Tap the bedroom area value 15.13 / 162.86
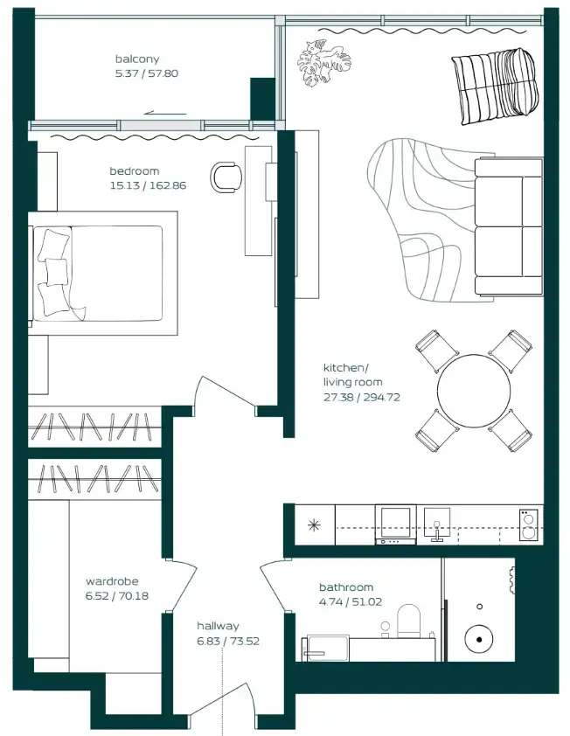pos(148,185)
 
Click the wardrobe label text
pos(112,581)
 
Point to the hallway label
pos(218,626)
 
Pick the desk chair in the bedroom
pos(228,176)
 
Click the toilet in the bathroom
pos(409,621)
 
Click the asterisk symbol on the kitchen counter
pos(312,525)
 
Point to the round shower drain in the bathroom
pos(480,639)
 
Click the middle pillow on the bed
pos(55,272)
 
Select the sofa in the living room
pos(508,226)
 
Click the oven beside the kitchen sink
pos(395,524)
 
